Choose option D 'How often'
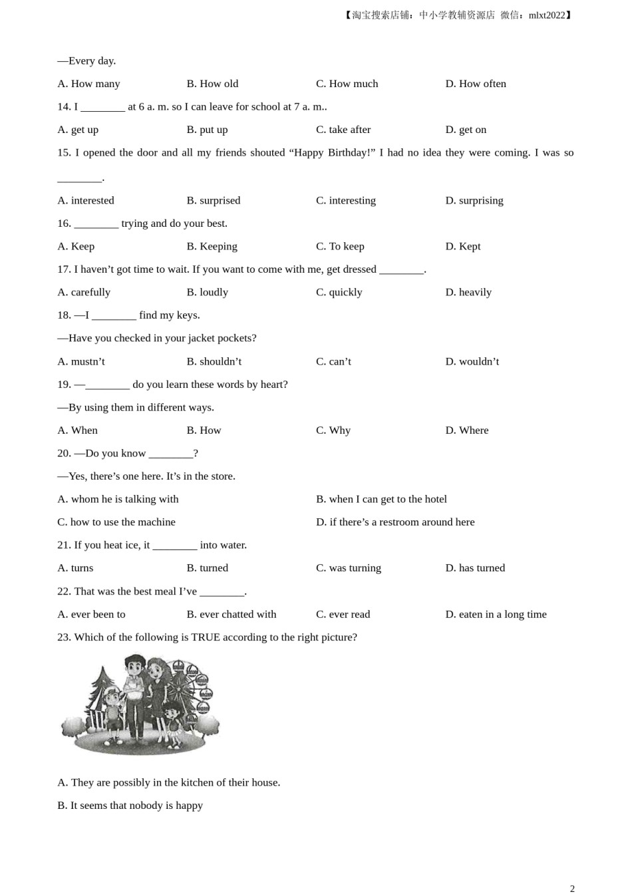(476, 84)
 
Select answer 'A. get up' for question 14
(78, 130)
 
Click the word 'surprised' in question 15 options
(220, 200)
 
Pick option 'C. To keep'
(340, 246)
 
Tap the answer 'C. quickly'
(339, 292)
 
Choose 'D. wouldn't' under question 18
(472, 361)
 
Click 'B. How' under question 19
(204, 430)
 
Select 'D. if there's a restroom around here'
(395, 522)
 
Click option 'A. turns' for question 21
(75, 568)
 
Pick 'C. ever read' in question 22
(343, 615)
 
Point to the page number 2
(572, 888)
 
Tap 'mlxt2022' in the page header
(546, 15)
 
